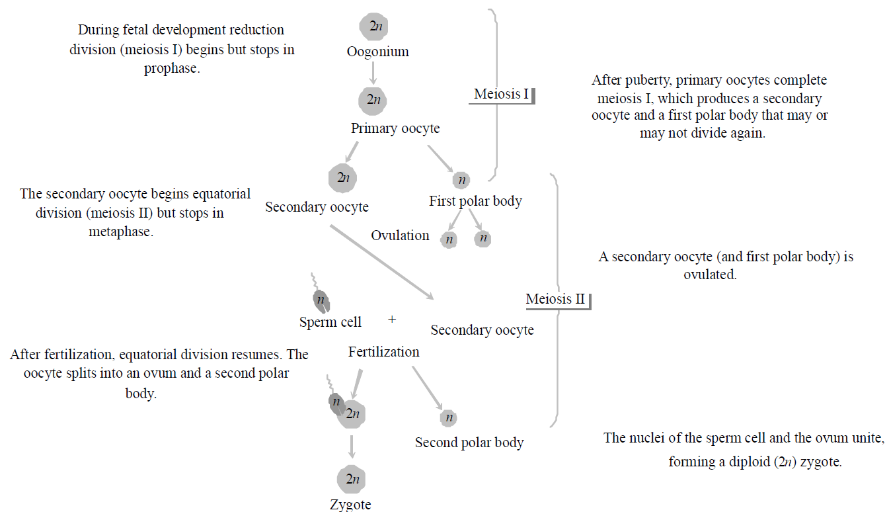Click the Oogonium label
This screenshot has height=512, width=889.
tap(377, 52)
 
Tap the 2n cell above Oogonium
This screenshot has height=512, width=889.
tap(373, 27)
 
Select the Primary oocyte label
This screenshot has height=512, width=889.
tap(395, 128)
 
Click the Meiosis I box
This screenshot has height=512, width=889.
tap(502, 95)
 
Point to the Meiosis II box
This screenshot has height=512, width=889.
tap(557, 299)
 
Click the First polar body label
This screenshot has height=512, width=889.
tap(475, 201)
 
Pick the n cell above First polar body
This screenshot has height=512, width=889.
tap(461, 179)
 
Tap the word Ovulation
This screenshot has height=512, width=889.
tap(400, 235)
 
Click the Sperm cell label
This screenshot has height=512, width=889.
tap(330, 322)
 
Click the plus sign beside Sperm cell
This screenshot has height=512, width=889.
tap(392, 319)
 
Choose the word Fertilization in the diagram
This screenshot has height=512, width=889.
tap(383, 352)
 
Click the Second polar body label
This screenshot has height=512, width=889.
tap(469, 443)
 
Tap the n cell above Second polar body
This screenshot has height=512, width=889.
tap(448, 418)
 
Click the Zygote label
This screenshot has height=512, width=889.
tap(350, 505)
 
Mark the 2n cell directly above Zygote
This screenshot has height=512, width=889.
tap(351, 479)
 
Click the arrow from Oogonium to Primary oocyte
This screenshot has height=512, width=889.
tap(373, 73)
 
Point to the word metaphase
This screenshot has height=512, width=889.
tap(120, 232)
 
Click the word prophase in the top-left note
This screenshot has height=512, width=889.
tap(171, 68)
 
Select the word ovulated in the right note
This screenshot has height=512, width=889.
tap(710, 274)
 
